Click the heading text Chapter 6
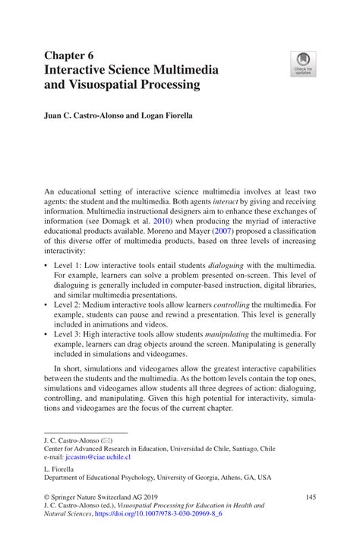(69, 55)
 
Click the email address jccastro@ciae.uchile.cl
(98, 457)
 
